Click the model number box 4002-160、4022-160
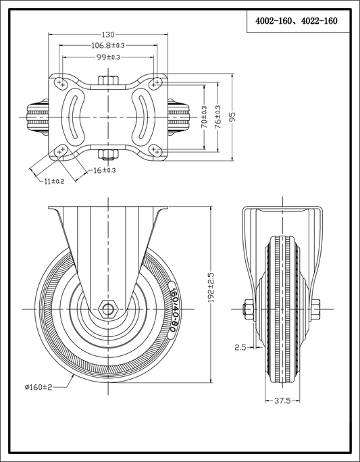tap(297, 21)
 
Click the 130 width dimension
tap(108, 34)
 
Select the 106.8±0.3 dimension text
tap(108, 45)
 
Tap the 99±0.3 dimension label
tap(108, 57)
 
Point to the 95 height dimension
tap(233, 117)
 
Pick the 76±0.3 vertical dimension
tap(218, 117)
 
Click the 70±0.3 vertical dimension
tap(204, 117)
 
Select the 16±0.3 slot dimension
tap(104, 170)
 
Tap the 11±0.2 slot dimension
tap(54, 181)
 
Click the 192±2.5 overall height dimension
tap(211, 287)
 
